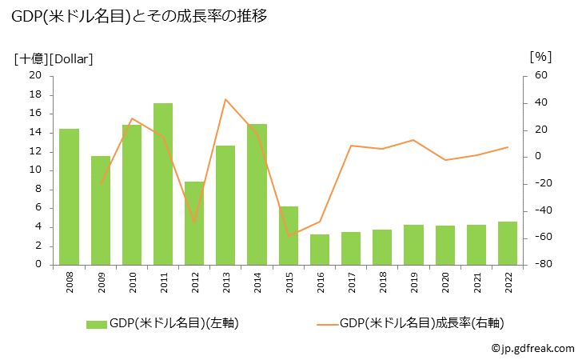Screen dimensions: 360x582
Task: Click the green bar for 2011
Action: (163, 184)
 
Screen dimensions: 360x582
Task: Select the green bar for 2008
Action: (69, 197)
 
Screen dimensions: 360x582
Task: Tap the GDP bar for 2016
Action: (320, 250)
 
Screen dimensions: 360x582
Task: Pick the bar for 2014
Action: (257, 194)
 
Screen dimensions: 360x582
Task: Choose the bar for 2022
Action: (508, 243)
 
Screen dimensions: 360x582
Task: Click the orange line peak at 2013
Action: (225, 99)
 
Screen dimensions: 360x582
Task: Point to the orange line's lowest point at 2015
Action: (288, 236)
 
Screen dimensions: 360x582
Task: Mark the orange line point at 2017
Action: (351, 146)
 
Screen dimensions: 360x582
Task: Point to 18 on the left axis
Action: (34, 94)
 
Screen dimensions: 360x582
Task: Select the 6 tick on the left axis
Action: (38, 208)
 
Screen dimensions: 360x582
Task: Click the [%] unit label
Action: (540, 57)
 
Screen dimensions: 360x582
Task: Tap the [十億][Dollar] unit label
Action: (54, 58)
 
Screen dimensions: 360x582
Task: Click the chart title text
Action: (139, 16)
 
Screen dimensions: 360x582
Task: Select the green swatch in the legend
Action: (96, 323)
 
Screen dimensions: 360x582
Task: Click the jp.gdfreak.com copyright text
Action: (532, 348)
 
